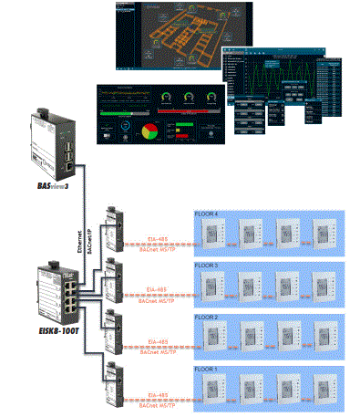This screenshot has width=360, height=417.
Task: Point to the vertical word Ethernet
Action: pos(81,239)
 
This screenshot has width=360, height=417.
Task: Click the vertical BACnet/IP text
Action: pos(89,239)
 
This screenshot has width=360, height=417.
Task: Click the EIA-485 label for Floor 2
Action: pos(157,341)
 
